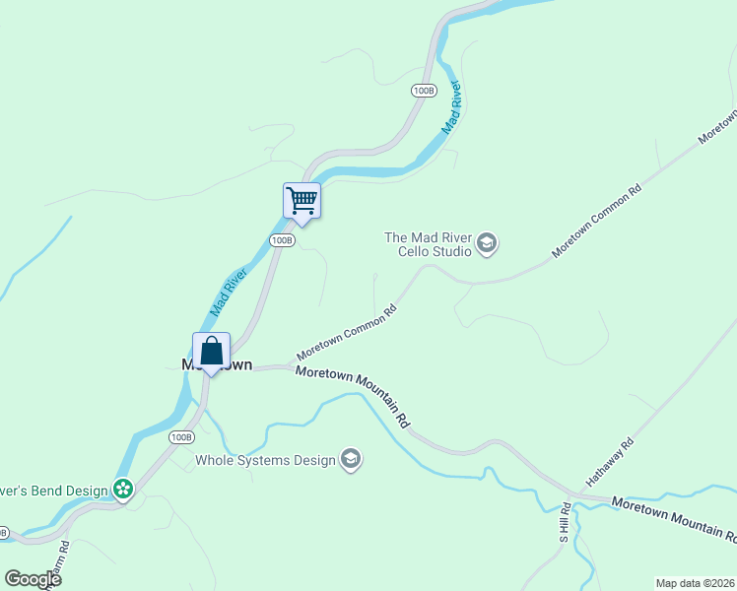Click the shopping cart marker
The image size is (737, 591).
point(301,201)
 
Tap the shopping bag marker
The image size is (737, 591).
point(211,351)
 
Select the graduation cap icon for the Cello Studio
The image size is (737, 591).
point(486,242)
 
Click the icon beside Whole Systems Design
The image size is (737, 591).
point(351,459)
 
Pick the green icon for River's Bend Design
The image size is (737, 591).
point(123,488)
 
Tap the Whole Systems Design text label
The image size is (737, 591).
point(265,460)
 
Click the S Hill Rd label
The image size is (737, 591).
point(565,523)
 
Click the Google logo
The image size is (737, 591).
point(33,579)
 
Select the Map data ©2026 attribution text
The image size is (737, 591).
point(695,582)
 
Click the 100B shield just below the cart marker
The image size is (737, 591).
point(282,239)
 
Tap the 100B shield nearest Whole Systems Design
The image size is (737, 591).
point(180,436)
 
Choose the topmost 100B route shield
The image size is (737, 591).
point(424,91)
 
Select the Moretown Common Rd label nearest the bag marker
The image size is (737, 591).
point(347,332)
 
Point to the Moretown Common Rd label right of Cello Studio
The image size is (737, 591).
point(596,221)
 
